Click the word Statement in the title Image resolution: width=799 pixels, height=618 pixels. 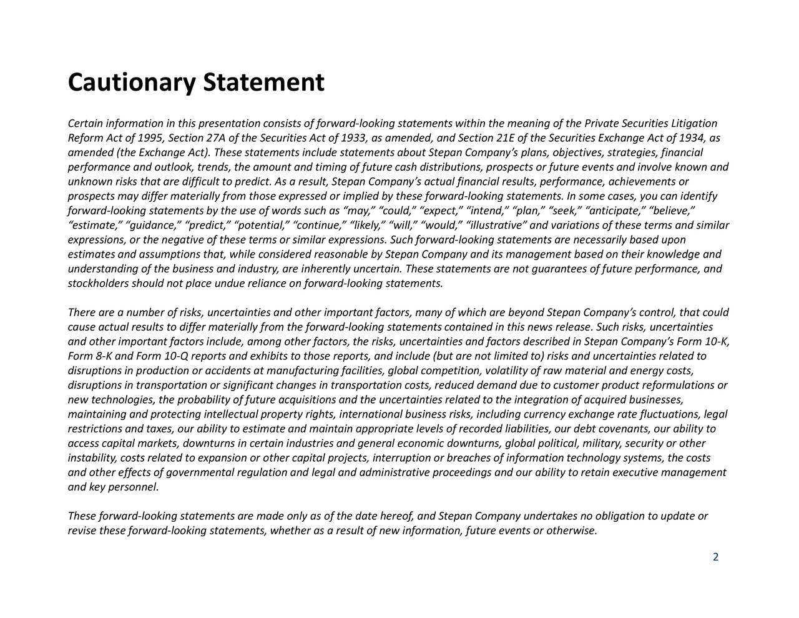click(263, 83)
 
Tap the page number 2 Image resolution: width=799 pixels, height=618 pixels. click(716, 557)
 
